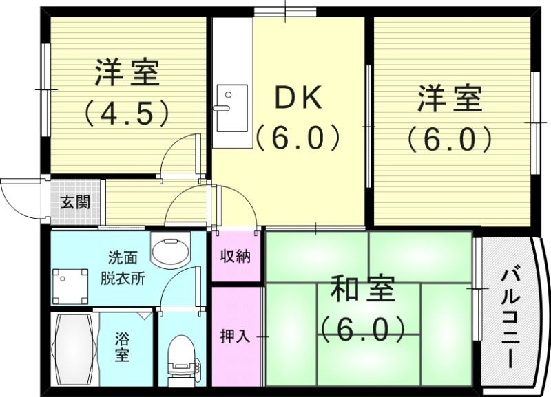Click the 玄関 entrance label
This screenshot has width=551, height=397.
coord(75,202)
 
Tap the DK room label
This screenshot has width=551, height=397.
coord(298,98)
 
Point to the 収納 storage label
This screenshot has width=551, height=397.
coord(235,257)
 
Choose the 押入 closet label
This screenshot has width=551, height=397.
coord(235,336)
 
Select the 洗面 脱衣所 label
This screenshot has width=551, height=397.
coord(123,268)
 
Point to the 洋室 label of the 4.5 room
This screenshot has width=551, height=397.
coord(127,72)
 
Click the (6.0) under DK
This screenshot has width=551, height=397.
coord(298,137)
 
